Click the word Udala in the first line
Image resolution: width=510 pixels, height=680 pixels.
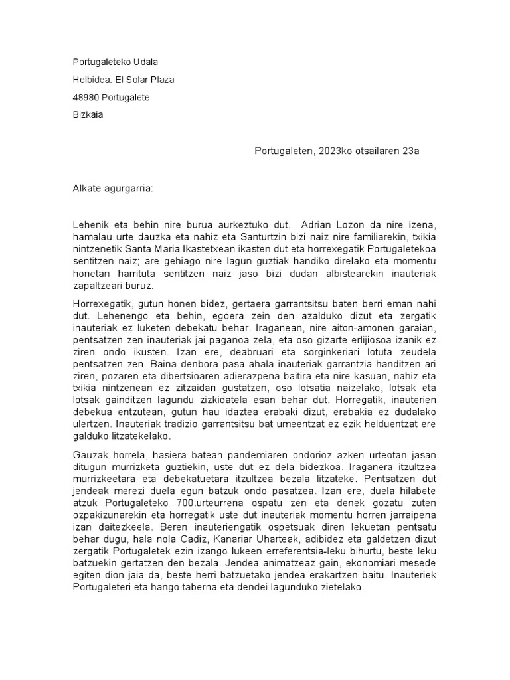[145, 62]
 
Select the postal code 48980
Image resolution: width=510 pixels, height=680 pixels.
[86, 97]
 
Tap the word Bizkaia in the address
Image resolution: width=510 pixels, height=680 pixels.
[88, 114]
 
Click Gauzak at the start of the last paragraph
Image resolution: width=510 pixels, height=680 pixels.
[88, 454]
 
